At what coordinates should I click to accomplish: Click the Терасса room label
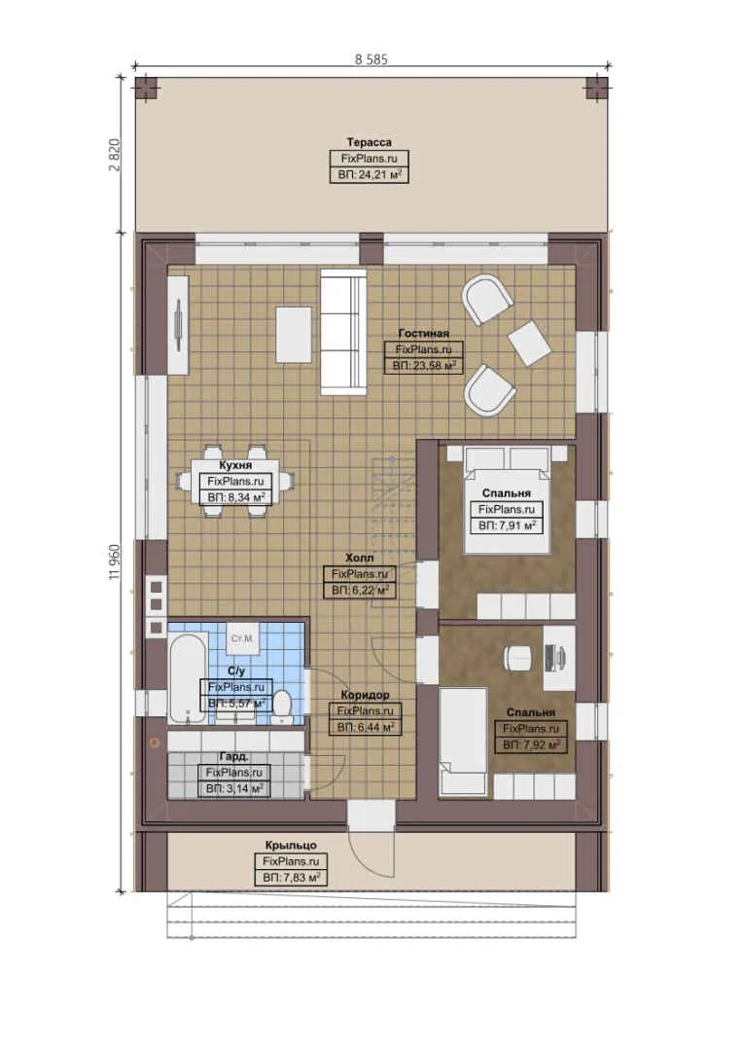tap(369, 143)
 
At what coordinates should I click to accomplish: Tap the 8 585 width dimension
tap(371, 58)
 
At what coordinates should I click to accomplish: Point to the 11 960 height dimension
tap(116, 562)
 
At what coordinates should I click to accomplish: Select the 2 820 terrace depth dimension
tap(114, 154)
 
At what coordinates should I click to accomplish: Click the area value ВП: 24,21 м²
tap(369, 175)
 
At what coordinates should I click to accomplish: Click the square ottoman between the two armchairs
tap(529, 343)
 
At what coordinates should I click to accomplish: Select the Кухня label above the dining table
tap(236, 466)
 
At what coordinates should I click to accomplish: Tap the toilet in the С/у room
tap(282, 706)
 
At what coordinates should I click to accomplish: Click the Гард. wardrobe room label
tap(233, 756)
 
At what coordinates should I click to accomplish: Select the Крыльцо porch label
tap(290, 846)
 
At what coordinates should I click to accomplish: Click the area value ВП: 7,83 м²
tap(290, 878)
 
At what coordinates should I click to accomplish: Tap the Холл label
tap(358, 559)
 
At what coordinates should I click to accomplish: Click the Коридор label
tap(365, 695)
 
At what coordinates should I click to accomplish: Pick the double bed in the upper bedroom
tap(505, 497)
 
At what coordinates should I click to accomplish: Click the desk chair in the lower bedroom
tap(515, 658)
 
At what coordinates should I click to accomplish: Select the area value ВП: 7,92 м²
tap(531, 745)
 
